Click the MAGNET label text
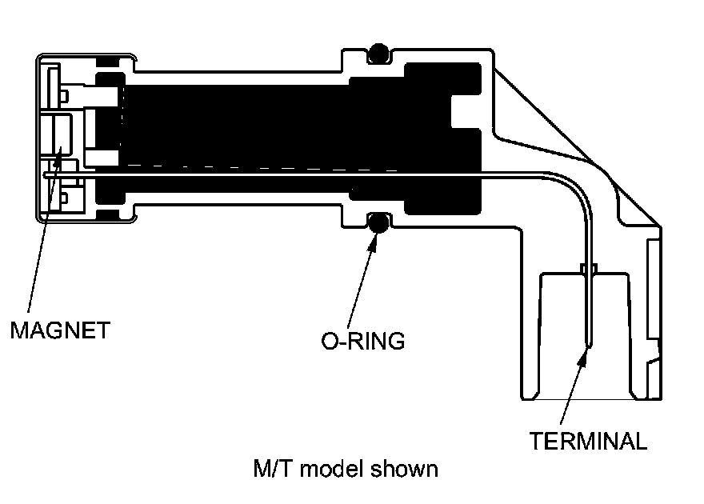[x=59, y=330]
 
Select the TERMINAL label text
[x=588, y=441]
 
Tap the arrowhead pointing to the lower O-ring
[x=372, y=239]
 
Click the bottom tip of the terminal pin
[x=589, y=345]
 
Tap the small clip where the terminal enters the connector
[x=589, y=269]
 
